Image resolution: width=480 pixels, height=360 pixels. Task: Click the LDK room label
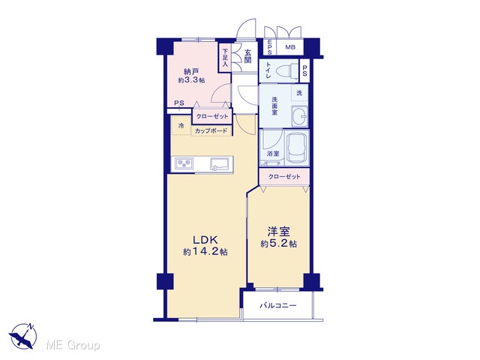tap(205, 239)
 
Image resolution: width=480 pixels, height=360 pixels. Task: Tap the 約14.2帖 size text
tap(205, 252)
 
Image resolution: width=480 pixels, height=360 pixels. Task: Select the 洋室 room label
tap(278, 232)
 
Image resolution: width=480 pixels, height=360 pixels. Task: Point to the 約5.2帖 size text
tap(278, 244)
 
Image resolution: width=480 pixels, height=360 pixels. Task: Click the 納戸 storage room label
tap(191, 72)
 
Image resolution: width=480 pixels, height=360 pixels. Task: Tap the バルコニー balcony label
tap(278, 305)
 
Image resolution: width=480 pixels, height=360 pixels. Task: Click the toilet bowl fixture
tap(287, 71)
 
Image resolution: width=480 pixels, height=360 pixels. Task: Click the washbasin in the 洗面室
tap(300, 116)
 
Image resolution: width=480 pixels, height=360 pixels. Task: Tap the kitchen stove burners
tap(184, 164)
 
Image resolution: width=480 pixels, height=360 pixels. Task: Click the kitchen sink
tap(220, 164)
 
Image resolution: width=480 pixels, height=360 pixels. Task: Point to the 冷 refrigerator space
tap(181, 125)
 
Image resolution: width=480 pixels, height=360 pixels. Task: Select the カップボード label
tap(211, 131)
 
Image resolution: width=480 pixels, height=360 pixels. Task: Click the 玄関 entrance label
tap(247, 57)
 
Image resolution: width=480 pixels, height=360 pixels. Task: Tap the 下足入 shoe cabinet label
tap(225, 58)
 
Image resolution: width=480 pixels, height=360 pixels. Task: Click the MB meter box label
tap(290, 47)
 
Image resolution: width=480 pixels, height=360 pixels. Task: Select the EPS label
tap(270, 47)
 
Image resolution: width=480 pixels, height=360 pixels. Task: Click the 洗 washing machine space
tap(299, 92)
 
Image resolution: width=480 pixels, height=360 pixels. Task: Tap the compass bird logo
tap(23, 336)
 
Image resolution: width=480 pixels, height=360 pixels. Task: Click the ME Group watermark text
tap(73, 345)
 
